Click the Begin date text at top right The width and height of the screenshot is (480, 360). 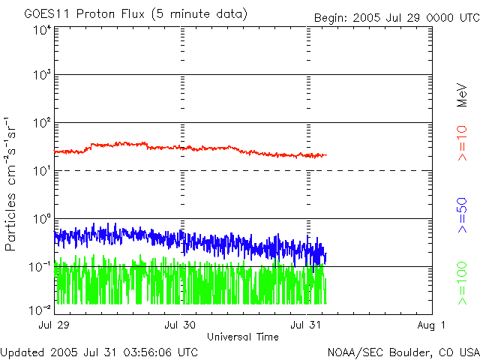pyautogui.click(x=396, y=16)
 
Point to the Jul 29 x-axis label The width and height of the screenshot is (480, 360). pyautogui.click(x=55, y=325)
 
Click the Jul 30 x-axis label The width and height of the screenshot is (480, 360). pyautogui.click(x=181, y=325)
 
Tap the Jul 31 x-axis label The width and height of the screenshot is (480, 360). pyautogui.click(x=307, y=325)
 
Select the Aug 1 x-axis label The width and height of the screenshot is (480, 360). pyautogui.click(x=432, y=325)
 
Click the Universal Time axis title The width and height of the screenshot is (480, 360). pyautogui.click(x=243, y=337)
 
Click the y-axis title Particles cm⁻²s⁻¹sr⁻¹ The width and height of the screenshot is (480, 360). pyautogui.click(x=13, y=184)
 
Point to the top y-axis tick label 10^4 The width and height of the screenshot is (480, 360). pyautogui.click(x=41, y=30)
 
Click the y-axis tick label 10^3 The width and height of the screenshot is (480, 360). pyautogui.click(x=41, y=76)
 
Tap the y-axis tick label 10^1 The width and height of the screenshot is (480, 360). pyautogui.click(x=41, y=172)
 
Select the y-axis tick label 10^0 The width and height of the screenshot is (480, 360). pyautogui.click(x=41, y=220)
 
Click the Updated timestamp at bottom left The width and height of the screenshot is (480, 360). pyautogui.click(x=100, y=352)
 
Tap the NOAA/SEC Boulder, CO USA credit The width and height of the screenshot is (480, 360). pyautogui.click(x=403, y=352)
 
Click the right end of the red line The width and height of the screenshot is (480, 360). pyautogui.click(x=325, y=155)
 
